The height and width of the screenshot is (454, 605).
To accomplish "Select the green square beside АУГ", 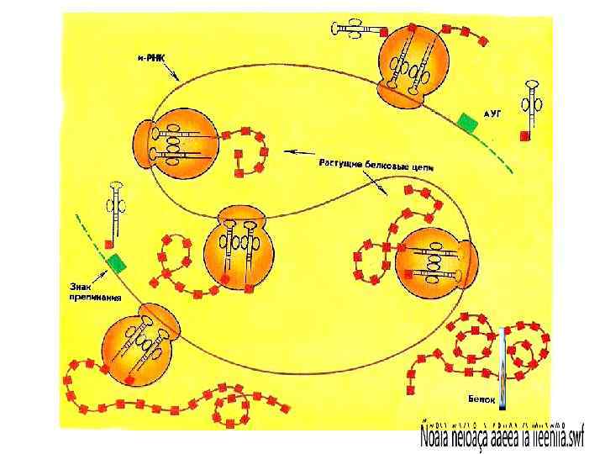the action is [x=467, y=123].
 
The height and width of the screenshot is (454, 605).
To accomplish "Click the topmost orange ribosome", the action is [x=408, y=66].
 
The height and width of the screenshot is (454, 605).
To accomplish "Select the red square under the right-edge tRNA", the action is [x=526, y=135].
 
